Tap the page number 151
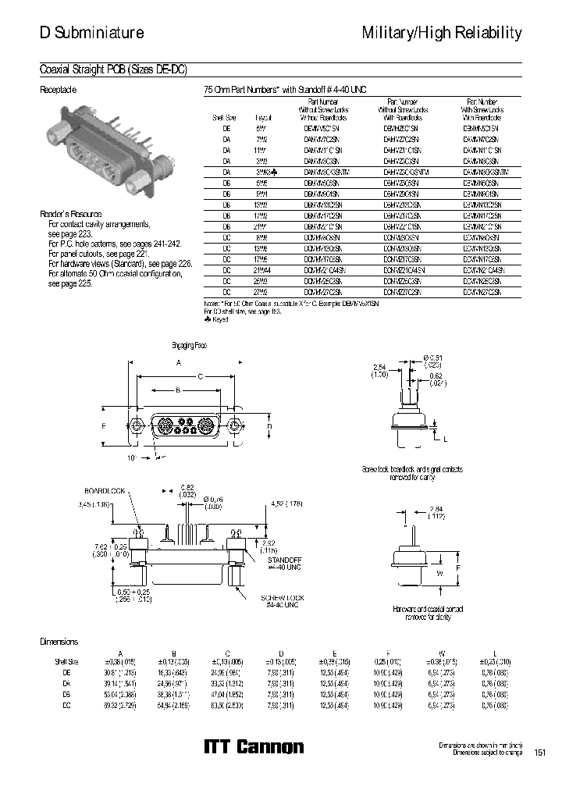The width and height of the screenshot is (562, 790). click(x=539, y=753)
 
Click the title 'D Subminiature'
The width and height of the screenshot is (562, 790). click(x=91, y=33)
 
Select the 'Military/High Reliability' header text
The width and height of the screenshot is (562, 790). click(x=442, y=33)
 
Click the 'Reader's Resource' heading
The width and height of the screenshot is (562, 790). click(x=71, y=214)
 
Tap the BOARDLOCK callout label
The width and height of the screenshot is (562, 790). click(x=105, y=491)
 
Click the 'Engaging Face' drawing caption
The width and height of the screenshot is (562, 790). click(x=188, y=344)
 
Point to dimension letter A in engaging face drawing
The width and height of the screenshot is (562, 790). click(x=179, y=363)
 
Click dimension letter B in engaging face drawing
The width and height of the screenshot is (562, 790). click(x=178, y=389)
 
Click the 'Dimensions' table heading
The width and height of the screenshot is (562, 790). click(x=59, y=642)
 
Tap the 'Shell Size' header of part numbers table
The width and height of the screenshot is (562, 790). click(x=224, y=117)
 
